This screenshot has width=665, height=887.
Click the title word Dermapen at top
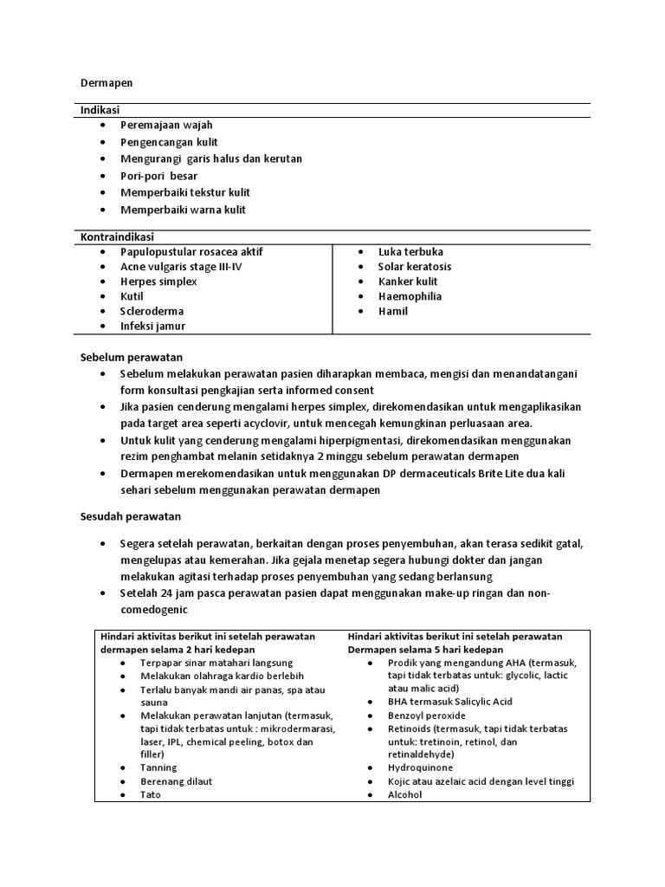click(106, 83)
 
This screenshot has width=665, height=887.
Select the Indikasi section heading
click(100, 111)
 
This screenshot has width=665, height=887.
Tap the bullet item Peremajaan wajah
click(166, 126)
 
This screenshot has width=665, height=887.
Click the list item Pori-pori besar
click(158, 176)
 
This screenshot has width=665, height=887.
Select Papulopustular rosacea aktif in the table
click(191, 252)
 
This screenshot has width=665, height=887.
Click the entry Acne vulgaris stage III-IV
click(181, 267)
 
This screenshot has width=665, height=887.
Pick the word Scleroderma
click(152, 311)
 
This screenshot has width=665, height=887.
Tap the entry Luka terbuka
click(410, 252)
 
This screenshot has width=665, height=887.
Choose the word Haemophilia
click(410, 296)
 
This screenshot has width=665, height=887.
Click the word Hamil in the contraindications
click(392, 311)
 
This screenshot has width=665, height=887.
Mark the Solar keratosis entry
click(414, 267)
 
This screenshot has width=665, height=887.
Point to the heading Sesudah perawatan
click(130, 517)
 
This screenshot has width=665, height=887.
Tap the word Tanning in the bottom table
click(158, 767)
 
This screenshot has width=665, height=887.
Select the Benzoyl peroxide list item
click(427, 715)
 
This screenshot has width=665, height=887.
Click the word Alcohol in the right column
click(405, 794)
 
